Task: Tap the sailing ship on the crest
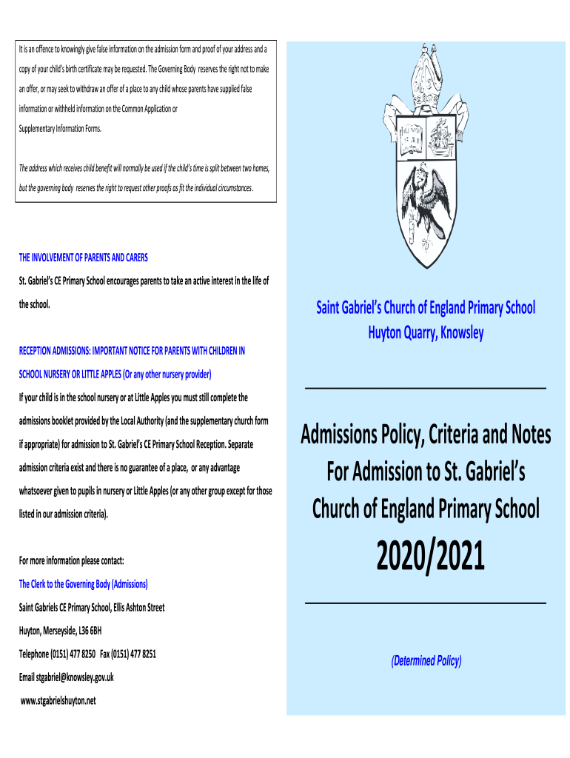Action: (x=443, y=138)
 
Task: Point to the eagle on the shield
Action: (x=426, y=199)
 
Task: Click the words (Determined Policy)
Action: (x=426, y=661)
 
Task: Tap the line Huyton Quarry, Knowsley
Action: (x=426, y=332)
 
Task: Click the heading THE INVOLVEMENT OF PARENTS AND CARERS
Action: (x=83, y=258)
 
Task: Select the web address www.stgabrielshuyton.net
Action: (x=59, y=700)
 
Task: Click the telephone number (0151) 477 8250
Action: (x=73, y=654)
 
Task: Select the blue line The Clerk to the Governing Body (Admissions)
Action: (x=83, y=584)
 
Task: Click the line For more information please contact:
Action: (x=71, y=560)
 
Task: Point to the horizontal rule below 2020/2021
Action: (x=426, y=604)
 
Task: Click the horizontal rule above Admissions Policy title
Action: (x=426, y=388)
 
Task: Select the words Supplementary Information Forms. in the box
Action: (x=61, y=127)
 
